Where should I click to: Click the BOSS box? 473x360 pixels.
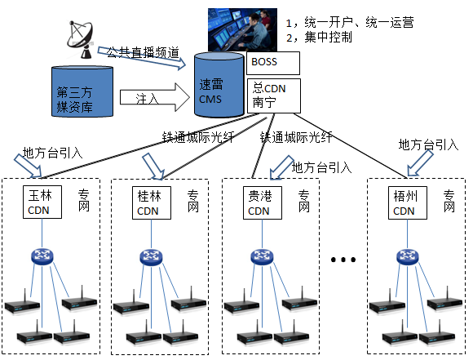pos(273,63)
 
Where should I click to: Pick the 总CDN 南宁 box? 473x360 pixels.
pos(273,95)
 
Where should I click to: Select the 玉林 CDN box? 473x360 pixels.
pos(40,202)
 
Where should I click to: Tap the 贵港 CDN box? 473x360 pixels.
pos(259,202)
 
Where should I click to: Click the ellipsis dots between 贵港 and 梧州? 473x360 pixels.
pos(343,260)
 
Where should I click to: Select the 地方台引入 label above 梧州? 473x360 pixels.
pos(427,144)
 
